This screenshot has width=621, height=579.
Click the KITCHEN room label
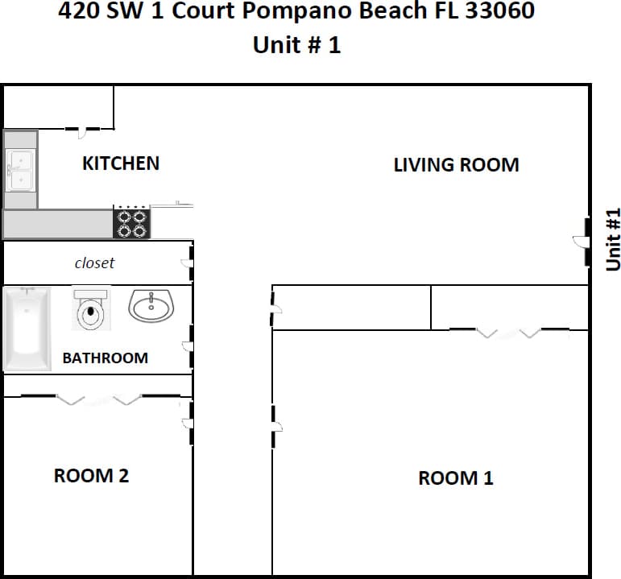coord(121,163)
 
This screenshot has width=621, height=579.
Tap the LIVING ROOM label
coord(456,165)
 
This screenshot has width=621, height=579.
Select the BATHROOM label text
coord(105,358)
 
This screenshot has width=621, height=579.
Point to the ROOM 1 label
coord(455,478)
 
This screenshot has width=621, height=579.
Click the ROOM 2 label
coord(91,476)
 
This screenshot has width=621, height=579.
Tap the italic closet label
coord(94,263)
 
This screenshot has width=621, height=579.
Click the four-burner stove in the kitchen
coord(132,223)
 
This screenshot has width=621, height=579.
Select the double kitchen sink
coord(19,171)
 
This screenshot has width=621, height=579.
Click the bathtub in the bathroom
coord(27,329)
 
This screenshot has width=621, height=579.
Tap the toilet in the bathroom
coord(91,310)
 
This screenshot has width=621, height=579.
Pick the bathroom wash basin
coord(151,306)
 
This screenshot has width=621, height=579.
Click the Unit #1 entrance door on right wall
coord(586,241)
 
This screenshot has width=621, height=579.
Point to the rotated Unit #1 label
coord(613,239)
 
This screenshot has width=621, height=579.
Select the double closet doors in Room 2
coord(100,399)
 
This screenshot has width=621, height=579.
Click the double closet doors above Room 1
coord(508,331)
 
